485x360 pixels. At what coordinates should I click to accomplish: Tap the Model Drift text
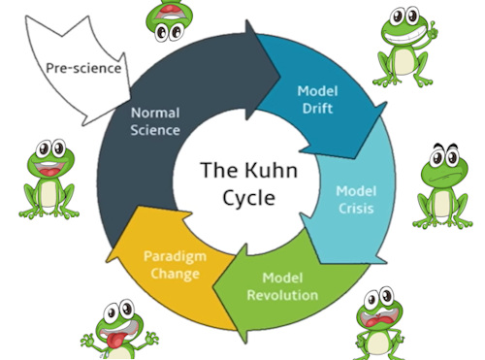[315, 99]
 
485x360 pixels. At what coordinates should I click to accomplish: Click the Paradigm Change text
[172, 265]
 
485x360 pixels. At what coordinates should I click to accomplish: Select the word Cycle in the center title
[242, 198]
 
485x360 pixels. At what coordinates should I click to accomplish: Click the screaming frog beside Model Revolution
[380, 321]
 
